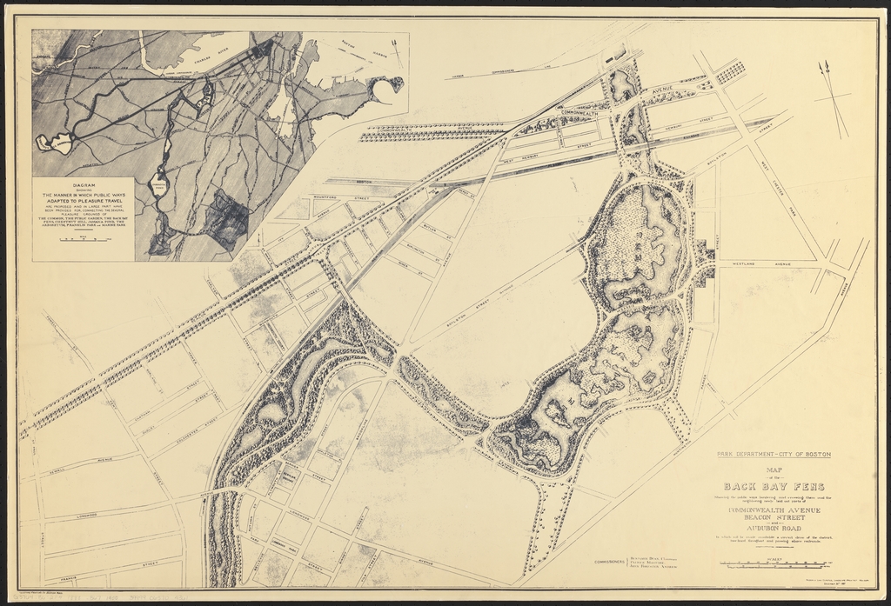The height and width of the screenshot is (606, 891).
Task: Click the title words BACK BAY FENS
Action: [774, 486]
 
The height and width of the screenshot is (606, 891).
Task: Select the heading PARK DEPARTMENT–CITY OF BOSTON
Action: [774, 455]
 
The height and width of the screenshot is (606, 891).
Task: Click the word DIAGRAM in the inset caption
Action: [84, 184]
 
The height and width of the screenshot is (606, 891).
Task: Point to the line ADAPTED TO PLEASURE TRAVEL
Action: [84, 199]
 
